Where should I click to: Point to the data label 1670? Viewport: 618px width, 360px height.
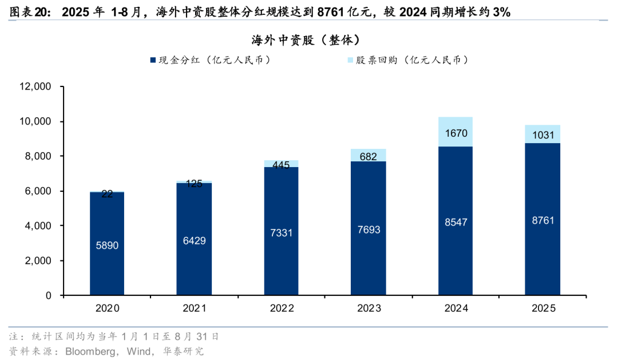pos(455,133)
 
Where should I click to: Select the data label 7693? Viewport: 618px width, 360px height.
pos(369,230)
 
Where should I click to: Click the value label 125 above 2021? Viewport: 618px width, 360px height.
pos(195,184)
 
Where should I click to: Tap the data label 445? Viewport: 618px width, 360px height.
pos(281,165)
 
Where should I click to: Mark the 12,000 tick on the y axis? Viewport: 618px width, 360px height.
pos(35,87)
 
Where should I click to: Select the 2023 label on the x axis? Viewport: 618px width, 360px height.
pos(369,308)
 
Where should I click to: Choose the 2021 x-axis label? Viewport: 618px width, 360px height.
pos(195,308)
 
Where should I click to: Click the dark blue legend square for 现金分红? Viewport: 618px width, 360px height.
pos(153,60)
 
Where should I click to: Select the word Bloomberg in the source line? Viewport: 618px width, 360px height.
pos(89,351)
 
